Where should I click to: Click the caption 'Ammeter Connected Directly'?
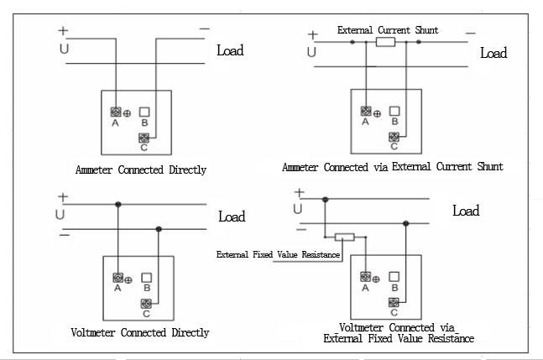pos(141,170)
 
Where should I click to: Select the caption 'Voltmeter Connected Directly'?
pos(141,333)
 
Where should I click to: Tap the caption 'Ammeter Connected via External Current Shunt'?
pos(393,167)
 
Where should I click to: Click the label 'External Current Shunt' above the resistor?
pos(388,30)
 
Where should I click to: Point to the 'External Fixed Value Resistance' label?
pos(278,253)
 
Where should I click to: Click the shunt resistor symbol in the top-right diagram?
pos(386,41)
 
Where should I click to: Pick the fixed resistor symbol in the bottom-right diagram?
pos(344,237)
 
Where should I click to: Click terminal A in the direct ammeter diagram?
pos(115,112)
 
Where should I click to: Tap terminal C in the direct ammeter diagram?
pos(144,138)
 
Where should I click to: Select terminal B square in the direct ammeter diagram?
pos(145,112)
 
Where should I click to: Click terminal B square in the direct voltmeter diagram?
pos(147,277)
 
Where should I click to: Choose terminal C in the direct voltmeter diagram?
pos(147,302)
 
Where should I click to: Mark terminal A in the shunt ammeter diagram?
pos(365,111)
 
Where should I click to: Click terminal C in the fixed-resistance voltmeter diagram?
pos(393,302)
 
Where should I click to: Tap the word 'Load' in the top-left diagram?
pos(230,50)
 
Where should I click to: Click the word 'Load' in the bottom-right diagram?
pos(466,211)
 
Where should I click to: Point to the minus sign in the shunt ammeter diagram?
pos(470,34)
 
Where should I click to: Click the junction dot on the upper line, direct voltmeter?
pos(118,204)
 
